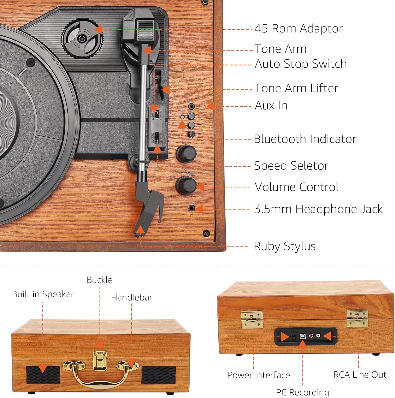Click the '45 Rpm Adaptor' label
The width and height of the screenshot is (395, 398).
(298, 29)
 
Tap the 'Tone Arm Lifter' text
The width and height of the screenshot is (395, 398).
(296, 88)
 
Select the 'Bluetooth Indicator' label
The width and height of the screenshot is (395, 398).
(305, 139)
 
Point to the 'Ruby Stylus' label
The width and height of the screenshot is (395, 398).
(285, 246)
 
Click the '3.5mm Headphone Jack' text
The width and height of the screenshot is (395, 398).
(318, 209)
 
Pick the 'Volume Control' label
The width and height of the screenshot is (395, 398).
(296, 187)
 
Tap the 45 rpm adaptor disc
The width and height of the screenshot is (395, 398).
(82, 39)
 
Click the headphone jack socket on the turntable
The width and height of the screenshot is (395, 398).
(191, 208)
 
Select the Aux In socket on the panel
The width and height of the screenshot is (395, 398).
(191, 106)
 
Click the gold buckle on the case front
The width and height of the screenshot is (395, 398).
(100, 360)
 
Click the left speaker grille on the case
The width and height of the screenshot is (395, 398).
(43, 375)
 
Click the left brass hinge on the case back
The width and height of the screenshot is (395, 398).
(252, 319)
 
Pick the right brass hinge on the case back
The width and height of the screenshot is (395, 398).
(357, 318)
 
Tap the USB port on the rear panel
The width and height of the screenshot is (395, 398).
(302, 336)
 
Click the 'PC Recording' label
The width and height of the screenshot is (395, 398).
(302, 392)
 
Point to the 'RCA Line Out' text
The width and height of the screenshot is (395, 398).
(360, 375)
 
